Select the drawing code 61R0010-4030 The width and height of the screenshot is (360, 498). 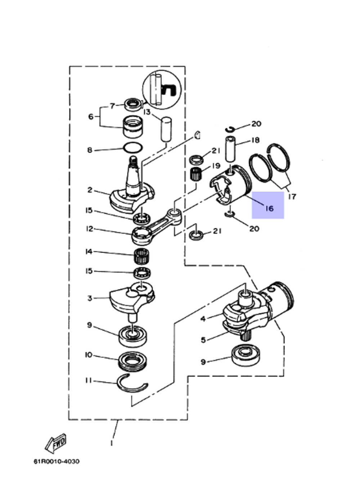point(57,461)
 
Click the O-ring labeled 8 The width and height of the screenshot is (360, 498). point(132,148)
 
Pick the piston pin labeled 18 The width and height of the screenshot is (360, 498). point(230,149)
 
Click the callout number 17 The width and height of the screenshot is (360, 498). point(292,196)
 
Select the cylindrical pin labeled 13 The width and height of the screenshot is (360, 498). point(166,129)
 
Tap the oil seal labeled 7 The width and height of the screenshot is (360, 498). point(134,105)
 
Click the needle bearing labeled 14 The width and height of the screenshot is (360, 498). point(141,257)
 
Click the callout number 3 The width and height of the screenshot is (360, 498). point(90,298)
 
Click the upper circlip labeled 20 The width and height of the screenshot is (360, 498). point(230,129)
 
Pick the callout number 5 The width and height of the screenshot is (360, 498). point(203,340)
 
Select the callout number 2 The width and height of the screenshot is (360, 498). point(90,190)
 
